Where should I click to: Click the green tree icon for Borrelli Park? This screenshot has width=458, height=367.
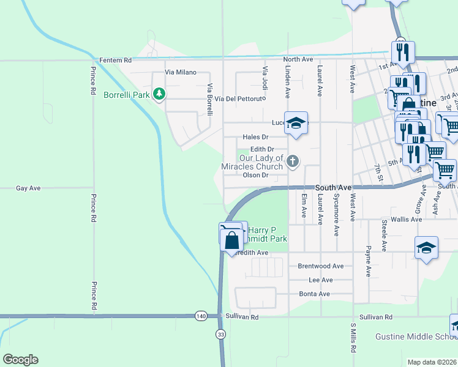(159, 94)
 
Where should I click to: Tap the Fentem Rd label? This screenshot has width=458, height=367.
(115, 60)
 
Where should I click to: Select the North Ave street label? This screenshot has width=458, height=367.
(298, 59)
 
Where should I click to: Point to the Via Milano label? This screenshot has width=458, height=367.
(181, 72)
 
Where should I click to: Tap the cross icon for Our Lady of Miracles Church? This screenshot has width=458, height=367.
(293, 161)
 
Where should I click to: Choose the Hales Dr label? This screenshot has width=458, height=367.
(256, 138)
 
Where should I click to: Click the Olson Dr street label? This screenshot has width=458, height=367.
(256, 176)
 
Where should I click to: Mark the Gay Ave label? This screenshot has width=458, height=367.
(28, 188)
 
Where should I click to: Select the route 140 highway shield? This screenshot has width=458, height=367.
(201, 316)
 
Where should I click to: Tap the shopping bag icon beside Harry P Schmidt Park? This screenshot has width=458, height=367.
(233, 240)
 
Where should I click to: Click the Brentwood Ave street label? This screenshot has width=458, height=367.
(320, 266)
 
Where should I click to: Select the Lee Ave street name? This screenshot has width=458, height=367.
(321, 280)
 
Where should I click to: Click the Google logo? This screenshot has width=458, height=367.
(20, 360)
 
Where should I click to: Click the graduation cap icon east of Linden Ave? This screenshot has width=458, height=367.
(296, 124)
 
